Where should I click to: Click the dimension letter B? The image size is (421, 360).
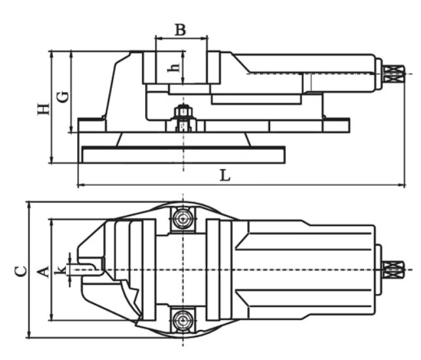180,29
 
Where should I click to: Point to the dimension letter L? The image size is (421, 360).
224,176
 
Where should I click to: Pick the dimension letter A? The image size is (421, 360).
42,270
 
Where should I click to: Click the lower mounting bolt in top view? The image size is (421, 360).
182,320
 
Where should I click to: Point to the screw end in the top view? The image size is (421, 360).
393,269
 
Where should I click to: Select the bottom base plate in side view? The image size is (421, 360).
183,155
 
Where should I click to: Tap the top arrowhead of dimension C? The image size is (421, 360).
29,203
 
